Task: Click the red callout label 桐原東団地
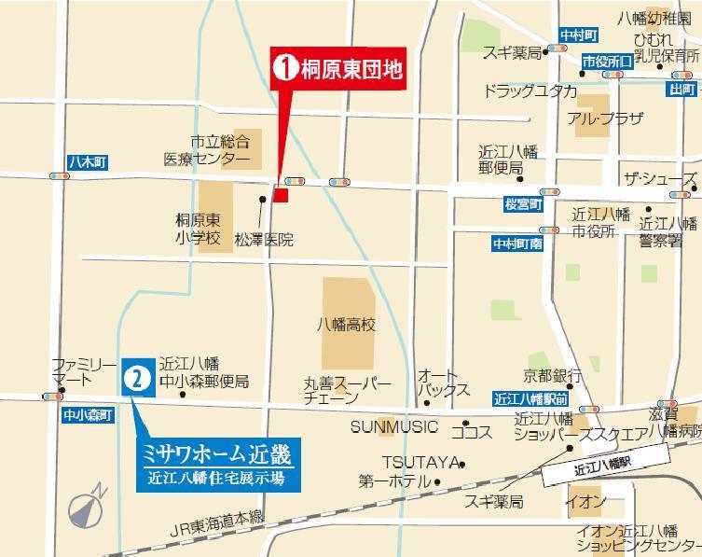[339, 68]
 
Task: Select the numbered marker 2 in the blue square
[137, 379]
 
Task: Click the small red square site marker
[281, 194]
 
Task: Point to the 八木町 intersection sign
[88, 162]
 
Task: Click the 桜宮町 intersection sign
[523, 202]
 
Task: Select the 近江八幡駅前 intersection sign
[531, 398]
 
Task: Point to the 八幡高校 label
[345, 326]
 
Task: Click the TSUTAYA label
[421, 462]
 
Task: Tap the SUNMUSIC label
[393, 426]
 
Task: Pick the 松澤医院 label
[264, 240]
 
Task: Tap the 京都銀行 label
[552, 376]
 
